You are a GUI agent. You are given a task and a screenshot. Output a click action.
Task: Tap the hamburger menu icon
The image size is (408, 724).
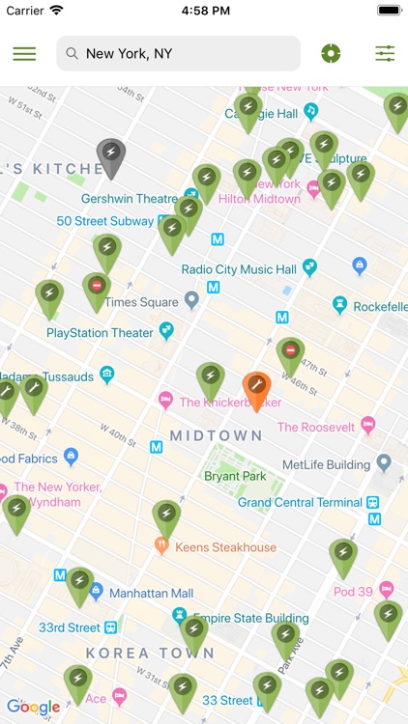(24, 54)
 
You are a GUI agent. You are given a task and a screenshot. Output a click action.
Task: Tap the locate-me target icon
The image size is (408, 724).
(331, 54)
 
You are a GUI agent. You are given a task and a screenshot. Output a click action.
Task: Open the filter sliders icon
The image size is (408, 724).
(385, 54)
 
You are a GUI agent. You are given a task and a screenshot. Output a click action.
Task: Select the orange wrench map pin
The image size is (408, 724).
(256, 387)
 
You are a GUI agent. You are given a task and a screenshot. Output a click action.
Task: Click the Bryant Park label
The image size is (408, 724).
(235, 476)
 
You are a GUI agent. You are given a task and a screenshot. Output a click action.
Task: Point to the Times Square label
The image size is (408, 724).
(141, 302)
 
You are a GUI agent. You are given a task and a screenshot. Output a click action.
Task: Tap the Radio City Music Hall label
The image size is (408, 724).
(239, 269)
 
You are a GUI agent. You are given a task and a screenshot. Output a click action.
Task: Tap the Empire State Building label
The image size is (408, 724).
(250, 618)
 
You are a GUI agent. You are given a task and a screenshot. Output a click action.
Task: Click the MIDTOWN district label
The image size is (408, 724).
(217, 435)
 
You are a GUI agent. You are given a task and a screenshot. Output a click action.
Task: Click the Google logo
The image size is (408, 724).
(33, 707)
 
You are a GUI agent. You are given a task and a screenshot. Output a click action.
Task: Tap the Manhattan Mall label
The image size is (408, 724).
(151, 593)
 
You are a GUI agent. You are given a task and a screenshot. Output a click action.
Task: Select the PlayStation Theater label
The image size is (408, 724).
(100, 333)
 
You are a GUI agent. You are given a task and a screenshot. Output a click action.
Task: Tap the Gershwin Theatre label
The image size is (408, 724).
(130, 199)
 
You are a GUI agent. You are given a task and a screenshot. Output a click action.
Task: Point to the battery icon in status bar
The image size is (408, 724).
(389, 10)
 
